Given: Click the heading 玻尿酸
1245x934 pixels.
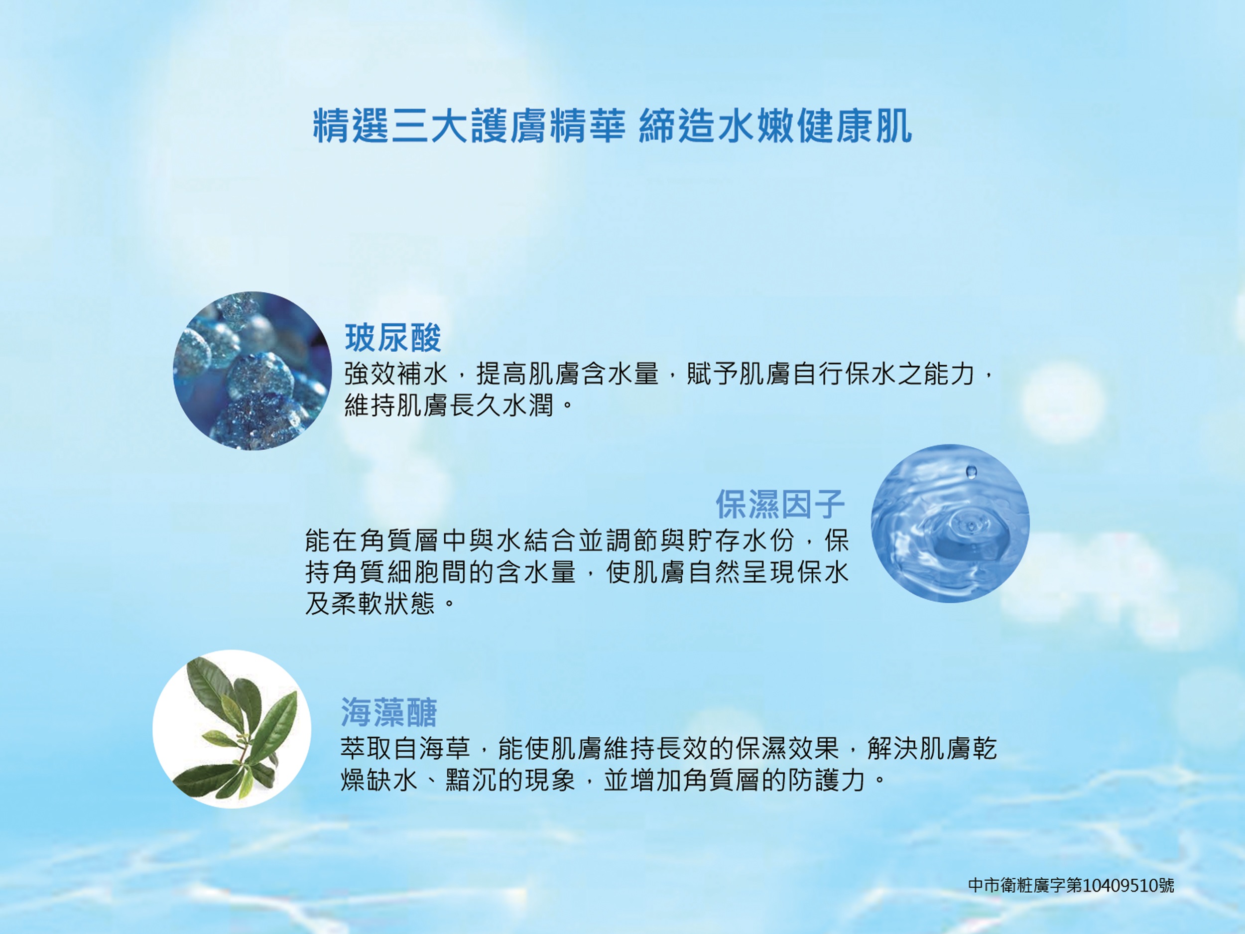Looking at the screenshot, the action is tap(393, 338).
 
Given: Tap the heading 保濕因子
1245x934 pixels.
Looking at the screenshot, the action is tap(780, 504).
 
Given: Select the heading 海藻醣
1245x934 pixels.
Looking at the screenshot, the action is tap(389, 712).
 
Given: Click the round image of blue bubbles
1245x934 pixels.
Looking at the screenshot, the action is tap(252, 371).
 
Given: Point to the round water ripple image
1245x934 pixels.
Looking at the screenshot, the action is tap(950, 523).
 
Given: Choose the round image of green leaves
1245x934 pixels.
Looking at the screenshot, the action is tap(232, 729).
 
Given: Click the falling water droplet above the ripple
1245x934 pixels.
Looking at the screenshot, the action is tap(972, 471).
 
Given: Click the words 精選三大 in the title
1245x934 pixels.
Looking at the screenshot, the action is tap(389, 126).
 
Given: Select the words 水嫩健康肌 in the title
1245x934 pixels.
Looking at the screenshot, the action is tap(815, 126).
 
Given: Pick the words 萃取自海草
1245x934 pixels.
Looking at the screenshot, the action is tap(405, 748).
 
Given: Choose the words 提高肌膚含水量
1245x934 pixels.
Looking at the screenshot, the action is tap(567, 374).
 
